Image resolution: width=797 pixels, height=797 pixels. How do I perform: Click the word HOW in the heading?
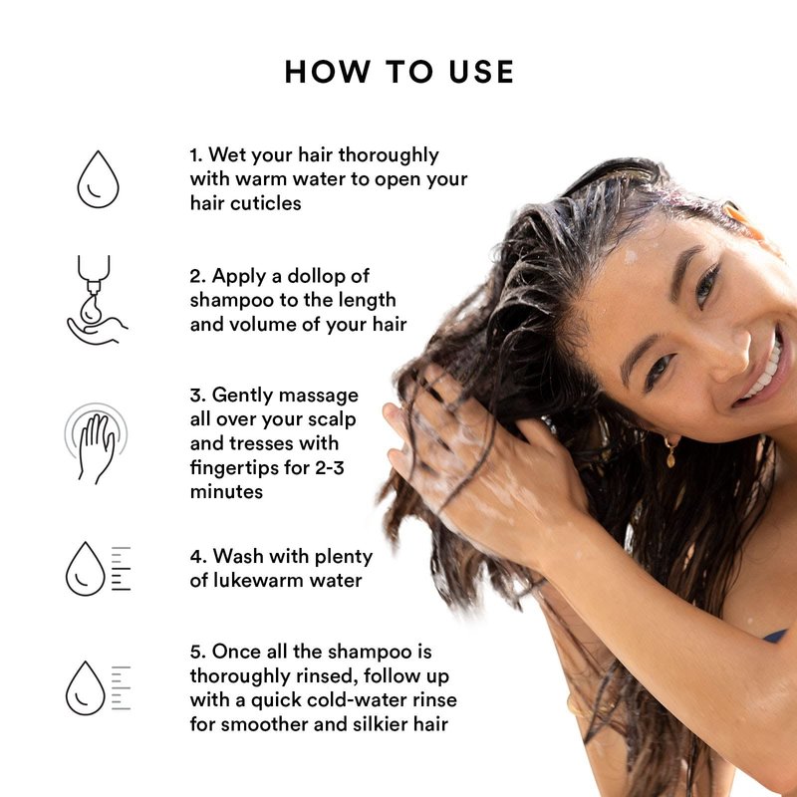point(328,71)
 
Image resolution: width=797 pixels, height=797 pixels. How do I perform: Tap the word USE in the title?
point(481,71)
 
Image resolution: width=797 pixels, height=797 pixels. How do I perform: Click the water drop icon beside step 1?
point(98,179)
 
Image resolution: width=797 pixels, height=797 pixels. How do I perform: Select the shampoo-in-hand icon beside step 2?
point(97,300)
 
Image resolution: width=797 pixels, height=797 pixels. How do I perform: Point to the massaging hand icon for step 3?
point(96,443)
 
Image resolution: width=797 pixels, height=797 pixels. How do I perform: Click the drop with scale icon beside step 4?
point(98,568)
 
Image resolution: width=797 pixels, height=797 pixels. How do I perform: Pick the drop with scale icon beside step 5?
point(98,687)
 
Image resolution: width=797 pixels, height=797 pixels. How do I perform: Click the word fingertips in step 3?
point(235,467)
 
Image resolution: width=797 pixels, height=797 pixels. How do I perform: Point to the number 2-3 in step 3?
point(330,467)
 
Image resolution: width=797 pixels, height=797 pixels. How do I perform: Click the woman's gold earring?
point(670,451)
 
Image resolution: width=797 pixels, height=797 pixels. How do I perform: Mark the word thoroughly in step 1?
point(389,155)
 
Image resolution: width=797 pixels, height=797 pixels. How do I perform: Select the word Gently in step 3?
point(242,396)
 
